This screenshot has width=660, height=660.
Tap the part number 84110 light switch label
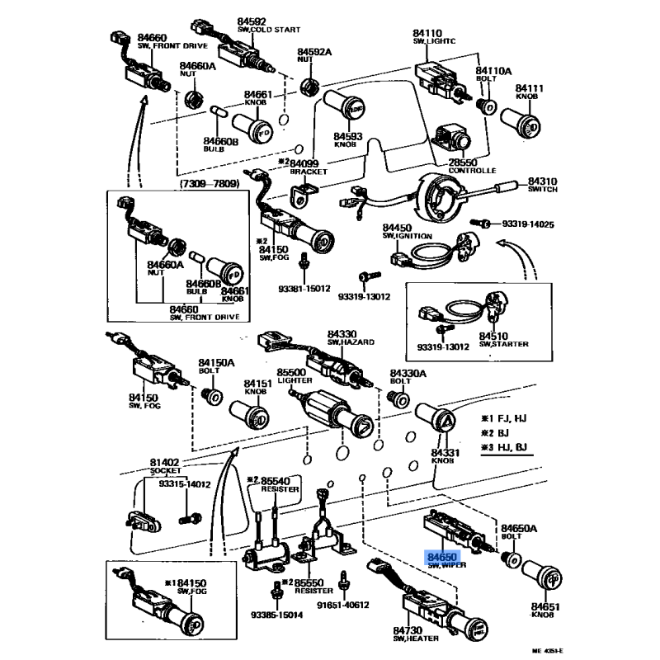(x=428, y=35)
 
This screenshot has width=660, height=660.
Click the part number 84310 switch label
(x=543, y=180)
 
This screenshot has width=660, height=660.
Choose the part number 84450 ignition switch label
(x=396, y=228)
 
